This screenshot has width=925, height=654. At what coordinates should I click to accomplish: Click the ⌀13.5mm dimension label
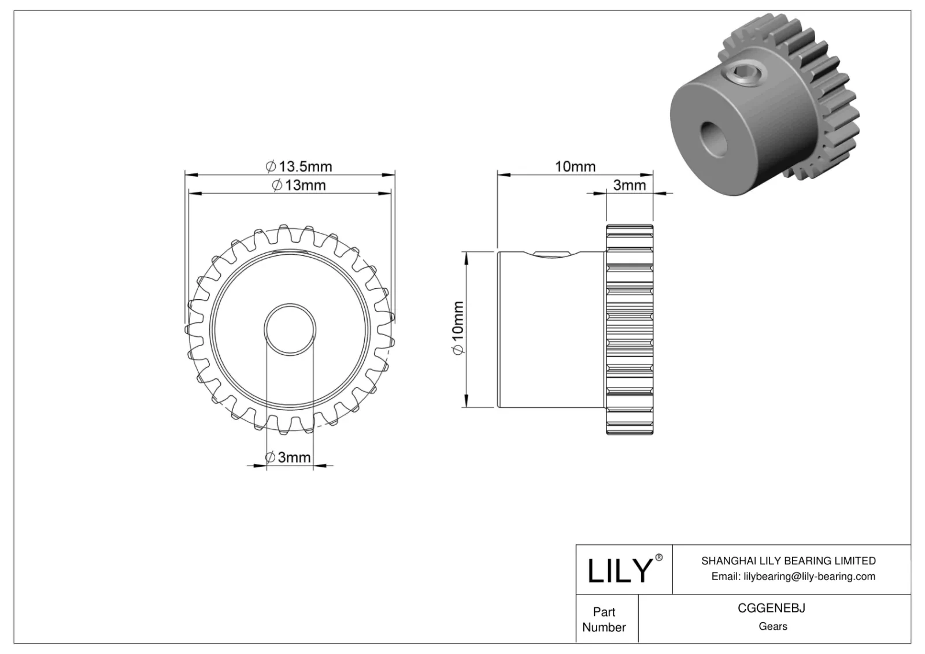tap(299, 167)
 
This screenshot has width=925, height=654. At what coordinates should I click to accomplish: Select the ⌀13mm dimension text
tap(299, 185)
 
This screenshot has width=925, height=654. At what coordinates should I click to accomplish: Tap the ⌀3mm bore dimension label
tap(288, 458)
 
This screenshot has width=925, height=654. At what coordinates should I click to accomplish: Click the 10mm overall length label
tap(575, 166)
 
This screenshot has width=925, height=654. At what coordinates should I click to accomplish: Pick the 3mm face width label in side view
tap(629, 185)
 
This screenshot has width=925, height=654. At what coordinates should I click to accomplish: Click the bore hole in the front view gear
tap(290, 329)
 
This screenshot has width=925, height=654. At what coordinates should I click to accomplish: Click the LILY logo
tap(619, 571)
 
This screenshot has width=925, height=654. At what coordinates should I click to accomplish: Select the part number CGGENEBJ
tap(772, 608)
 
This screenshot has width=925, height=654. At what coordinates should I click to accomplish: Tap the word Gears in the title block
tap(772, 626)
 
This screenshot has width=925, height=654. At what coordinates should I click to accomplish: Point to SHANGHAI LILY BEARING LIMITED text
tap(788, 560)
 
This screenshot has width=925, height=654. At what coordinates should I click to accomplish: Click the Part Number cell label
tap(604, 619)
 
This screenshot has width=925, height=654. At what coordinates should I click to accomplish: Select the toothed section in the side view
tap(630, 329)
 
